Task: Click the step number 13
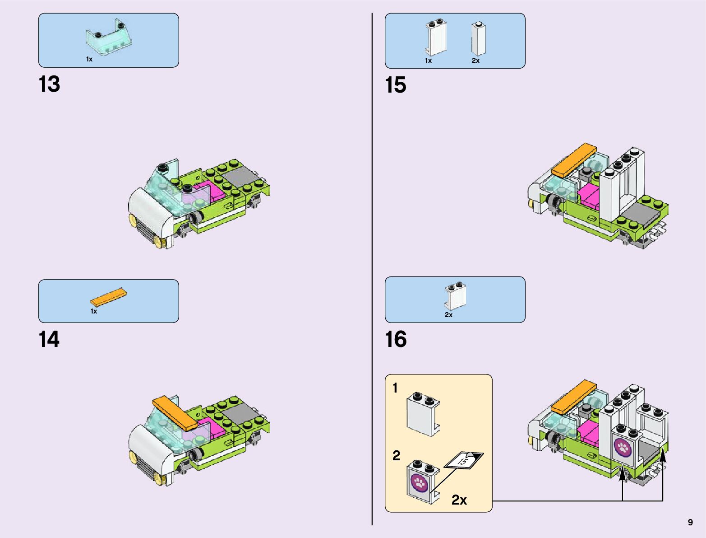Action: pyautogui.click(x=49, y=84)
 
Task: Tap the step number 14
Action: pyautogui.click(x=49, y=340)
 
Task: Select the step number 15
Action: pyautogui.click(x=396, y=85)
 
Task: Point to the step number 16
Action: pyautogui.click(x=396, y=340)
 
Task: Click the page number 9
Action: pyautogui.click(x=690, y=522)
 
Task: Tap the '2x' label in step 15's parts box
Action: pyautogui.click(x=475, y=61)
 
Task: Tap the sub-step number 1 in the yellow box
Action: pyautogui.click(x=395, y=388)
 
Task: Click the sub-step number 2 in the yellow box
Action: pyautogui.click(x=396, y=455)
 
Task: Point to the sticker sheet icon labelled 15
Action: pyautogui.click(x=463, y=460)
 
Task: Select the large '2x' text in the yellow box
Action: pyautogui.click(x=459, y=500)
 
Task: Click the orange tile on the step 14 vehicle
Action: pyautogui.click(x=175, y=412)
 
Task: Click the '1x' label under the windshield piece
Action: pyautogui.click(x=89, y=59)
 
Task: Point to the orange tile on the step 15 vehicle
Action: pyautogui.click(x=574, y=160)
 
